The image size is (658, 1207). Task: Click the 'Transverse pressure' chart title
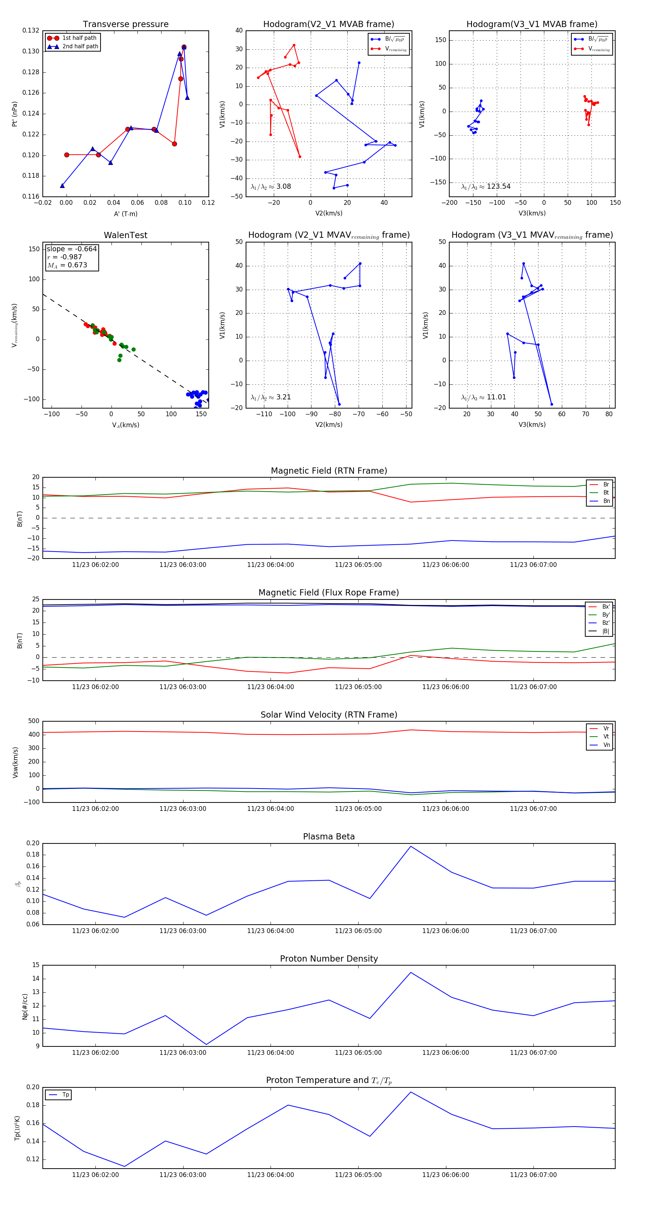point(125,25)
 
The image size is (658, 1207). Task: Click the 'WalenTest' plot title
point(125,235)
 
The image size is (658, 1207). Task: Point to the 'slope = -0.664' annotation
point(72,249)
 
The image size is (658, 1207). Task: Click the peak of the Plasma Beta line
point(411,846)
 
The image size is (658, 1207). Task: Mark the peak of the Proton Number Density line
point(411,972)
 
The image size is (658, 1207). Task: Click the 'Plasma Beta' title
point(329,836)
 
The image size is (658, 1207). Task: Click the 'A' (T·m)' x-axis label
point(125,214)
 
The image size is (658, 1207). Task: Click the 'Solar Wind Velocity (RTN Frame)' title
point(329,715)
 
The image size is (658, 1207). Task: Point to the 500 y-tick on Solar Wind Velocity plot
point(34,721)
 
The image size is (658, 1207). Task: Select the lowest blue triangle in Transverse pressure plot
point(62,185)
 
